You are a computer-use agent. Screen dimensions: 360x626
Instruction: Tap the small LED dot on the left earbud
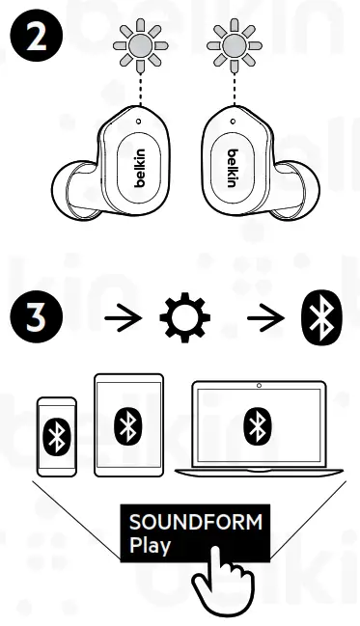tap(138, 122)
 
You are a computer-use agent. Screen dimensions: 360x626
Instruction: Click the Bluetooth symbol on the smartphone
tap(55, 438)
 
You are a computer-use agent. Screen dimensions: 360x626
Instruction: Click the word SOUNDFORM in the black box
tap(195, 524)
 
